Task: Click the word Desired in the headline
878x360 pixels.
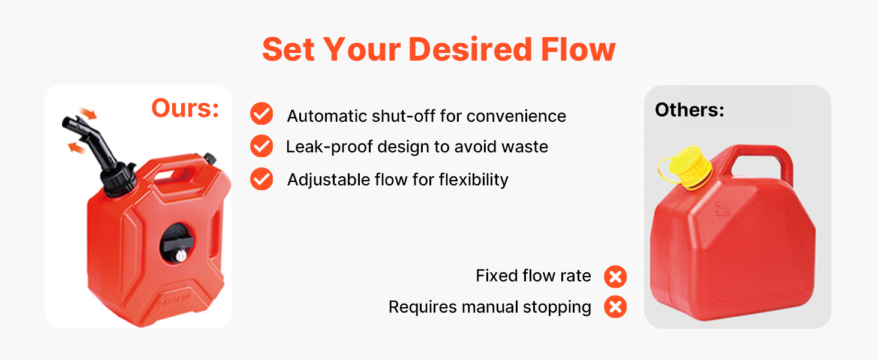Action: pos(470,49)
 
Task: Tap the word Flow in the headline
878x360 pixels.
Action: pos(578,49)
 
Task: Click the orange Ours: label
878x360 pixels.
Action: pos(185,108)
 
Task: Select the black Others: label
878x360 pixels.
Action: pos(690,110)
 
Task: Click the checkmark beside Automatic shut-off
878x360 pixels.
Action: pos(261,114)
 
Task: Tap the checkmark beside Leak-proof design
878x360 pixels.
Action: pos(261,146)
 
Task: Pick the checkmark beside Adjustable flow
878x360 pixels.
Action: pos(261,179)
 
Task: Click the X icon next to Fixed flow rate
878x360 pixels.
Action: pos(615,277)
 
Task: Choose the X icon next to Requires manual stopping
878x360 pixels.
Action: pos(615,307)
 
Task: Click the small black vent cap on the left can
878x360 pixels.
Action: pos(210,158)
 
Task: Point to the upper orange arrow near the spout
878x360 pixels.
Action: pos(88,113)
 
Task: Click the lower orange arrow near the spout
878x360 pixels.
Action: pos(76,148)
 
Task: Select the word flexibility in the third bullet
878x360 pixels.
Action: pos(474,180)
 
